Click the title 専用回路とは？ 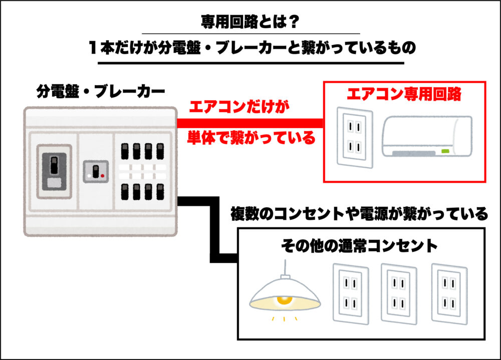click(250, 22)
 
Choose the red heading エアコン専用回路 click(404, 95)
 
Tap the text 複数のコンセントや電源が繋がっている click(359, 214)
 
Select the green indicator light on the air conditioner click(444, 151)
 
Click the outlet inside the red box click(354, 136)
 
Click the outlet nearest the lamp click(351, 293)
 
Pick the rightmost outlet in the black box click(449, 293)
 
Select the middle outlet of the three click(400, 293)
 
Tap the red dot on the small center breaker click(102, 176)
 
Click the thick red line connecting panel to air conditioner click(250, 123)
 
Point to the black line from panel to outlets click(215, 230)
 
